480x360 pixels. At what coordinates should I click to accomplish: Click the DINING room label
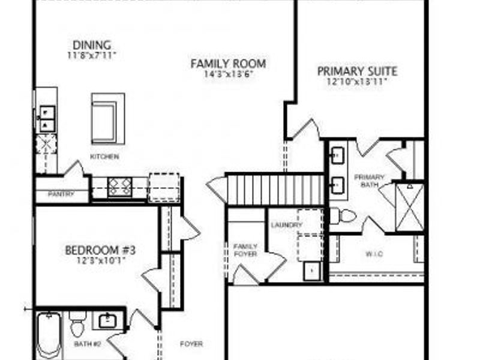[92, 45]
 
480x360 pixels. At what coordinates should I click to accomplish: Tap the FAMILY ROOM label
[228, 64]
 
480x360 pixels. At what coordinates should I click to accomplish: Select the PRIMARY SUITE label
[357, 71]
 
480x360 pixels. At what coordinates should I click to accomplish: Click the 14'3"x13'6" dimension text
[228, 74]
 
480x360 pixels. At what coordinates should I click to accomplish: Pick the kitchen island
[108, 118]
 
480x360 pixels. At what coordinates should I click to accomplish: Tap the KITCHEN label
[104, 157]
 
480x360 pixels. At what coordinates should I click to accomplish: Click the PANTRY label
[61, 194]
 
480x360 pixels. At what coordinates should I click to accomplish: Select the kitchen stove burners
[119, 187]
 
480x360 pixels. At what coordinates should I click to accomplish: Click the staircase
[276, 190]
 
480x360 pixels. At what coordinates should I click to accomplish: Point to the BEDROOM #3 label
[101, 250]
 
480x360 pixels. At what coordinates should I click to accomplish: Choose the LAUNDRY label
[283, 225]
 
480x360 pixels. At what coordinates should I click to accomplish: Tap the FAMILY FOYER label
[245, 250]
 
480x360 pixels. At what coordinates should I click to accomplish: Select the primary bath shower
[410, 207]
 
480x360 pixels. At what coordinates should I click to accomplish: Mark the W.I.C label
[374, 254]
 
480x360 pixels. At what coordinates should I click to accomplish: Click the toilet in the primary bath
[343, 215]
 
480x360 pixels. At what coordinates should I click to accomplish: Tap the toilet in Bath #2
[77, 325]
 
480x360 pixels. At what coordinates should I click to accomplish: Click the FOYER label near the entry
[191, 344]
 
